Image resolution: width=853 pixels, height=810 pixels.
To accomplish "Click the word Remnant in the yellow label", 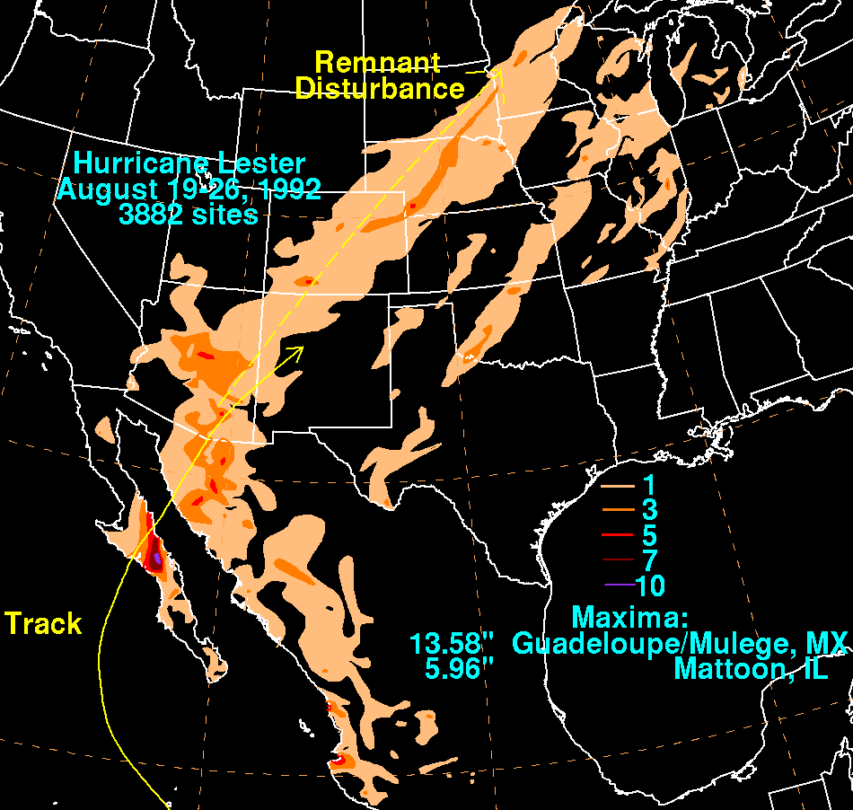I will point(377,63).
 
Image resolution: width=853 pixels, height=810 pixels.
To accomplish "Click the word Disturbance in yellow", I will point(380,89).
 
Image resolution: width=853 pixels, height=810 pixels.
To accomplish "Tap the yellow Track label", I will point(43,623).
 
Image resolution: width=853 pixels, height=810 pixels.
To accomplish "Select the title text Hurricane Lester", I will point(189,164).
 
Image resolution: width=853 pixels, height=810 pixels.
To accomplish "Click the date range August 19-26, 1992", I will point(189,189).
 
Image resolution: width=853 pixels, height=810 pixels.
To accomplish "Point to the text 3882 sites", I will point(189,215).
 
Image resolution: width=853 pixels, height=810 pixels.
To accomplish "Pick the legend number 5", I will point(648,536).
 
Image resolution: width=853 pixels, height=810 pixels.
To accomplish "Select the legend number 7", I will point(648,561).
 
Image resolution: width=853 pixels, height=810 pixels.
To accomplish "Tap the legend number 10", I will point(650,586).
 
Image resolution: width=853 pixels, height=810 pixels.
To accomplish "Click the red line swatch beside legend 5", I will point(618,536).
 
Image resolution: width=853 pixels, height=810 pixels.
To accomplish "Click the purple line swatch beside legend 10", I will point(618,586).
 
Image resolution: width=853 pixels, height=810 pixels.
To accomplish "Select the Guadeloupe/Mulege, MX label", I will point(680,644).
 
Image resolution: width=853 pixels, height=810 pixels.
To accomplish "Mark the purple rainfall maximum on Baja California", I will point(157,558).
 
